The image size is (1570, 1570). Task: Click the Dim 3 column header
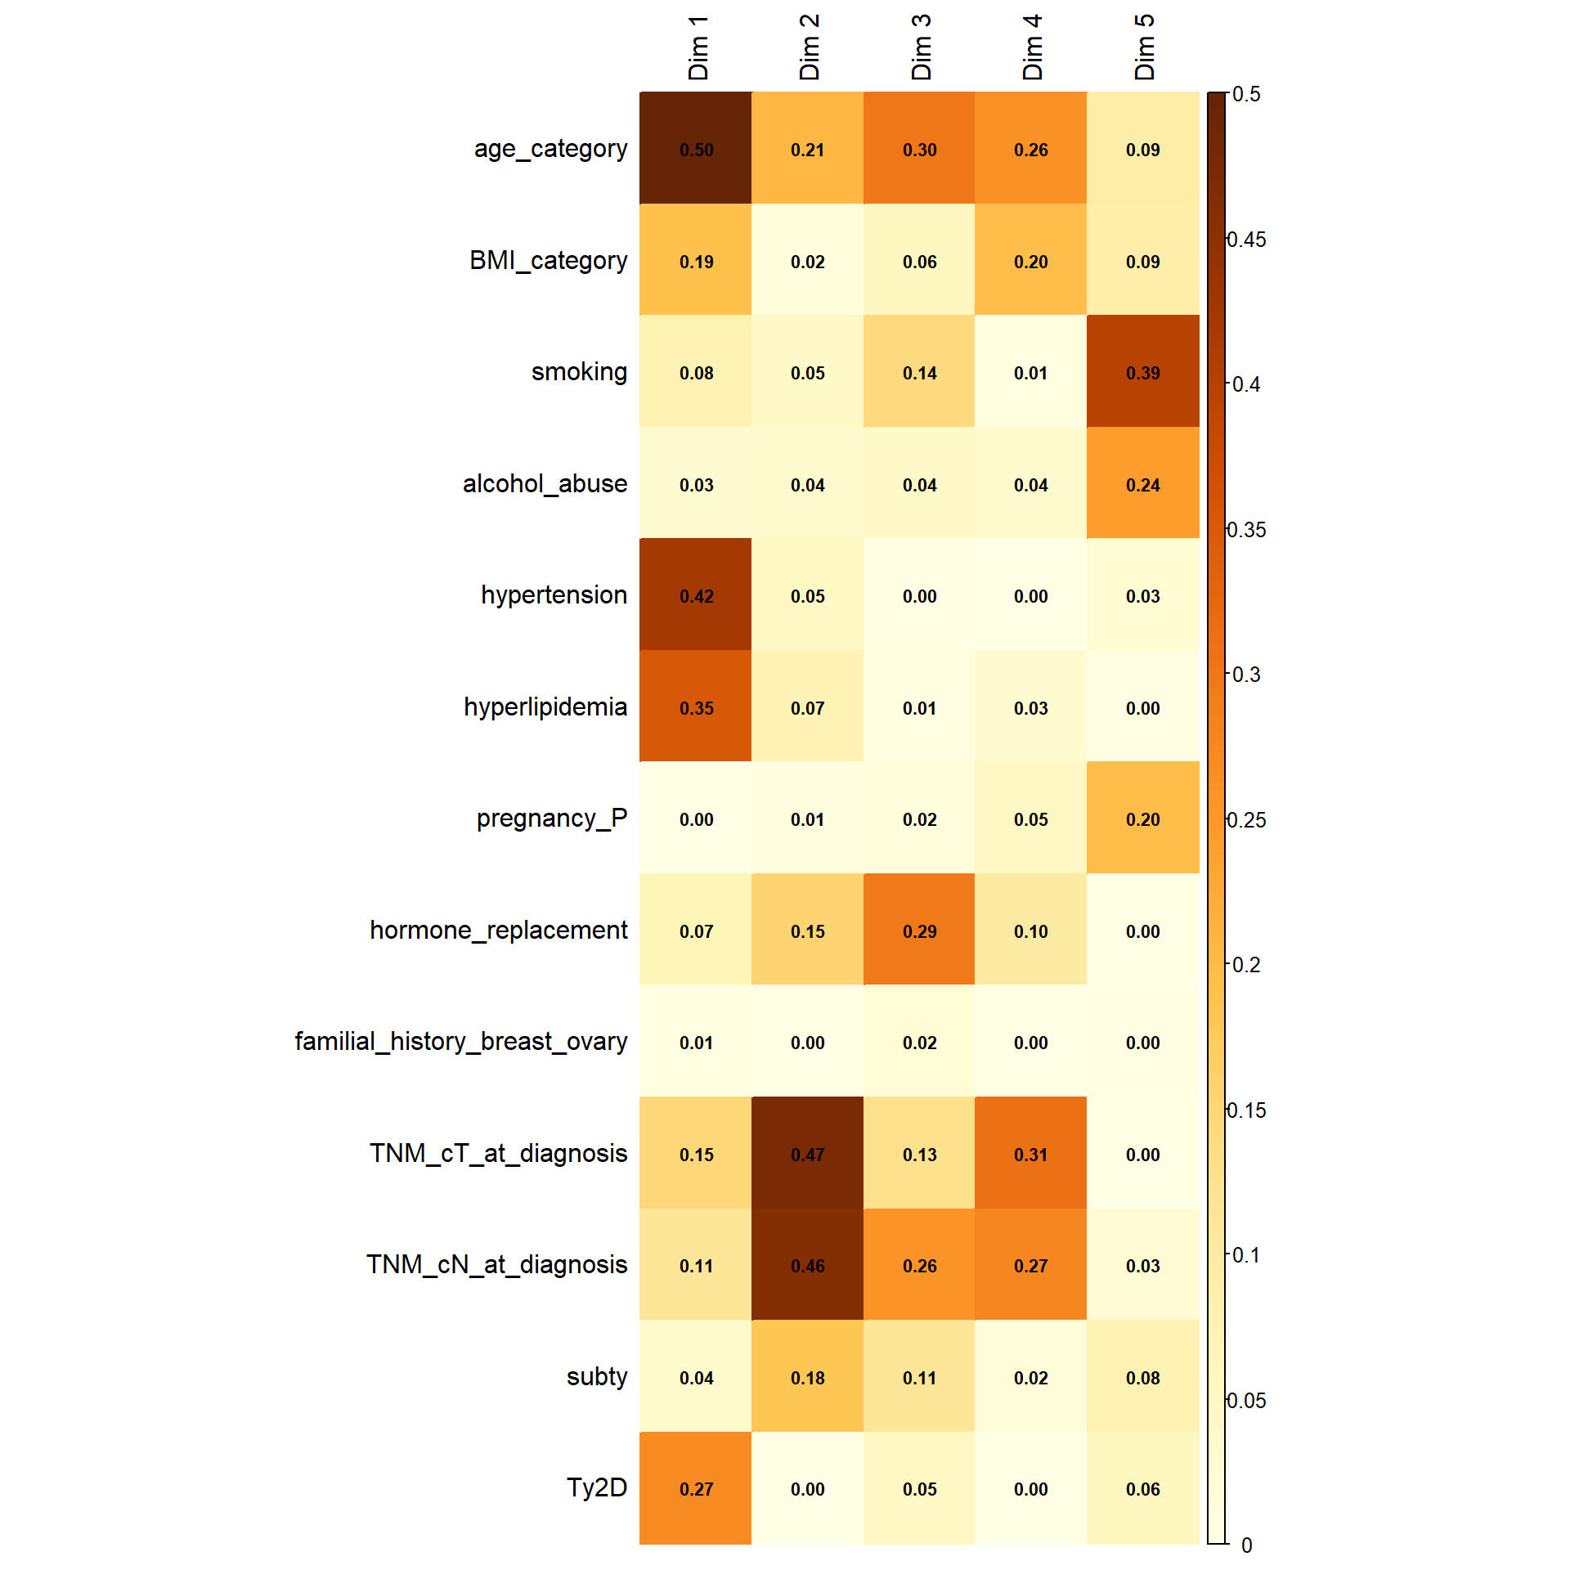coord(921,47)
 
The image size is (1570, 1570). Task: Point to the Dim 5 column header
coord(1144,47)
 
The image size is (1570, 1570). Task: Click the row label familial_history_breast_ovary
coord(461,1042)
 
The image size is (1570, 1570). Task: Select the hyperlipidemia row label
coord(545,706)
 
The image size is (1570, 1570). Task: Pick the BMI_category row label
coord(548,261)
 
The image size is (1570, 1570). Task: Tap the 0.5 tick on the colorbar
coord(1246,94)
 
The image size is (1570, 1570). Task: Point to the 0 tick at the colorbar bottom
coord(1246,1545)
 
